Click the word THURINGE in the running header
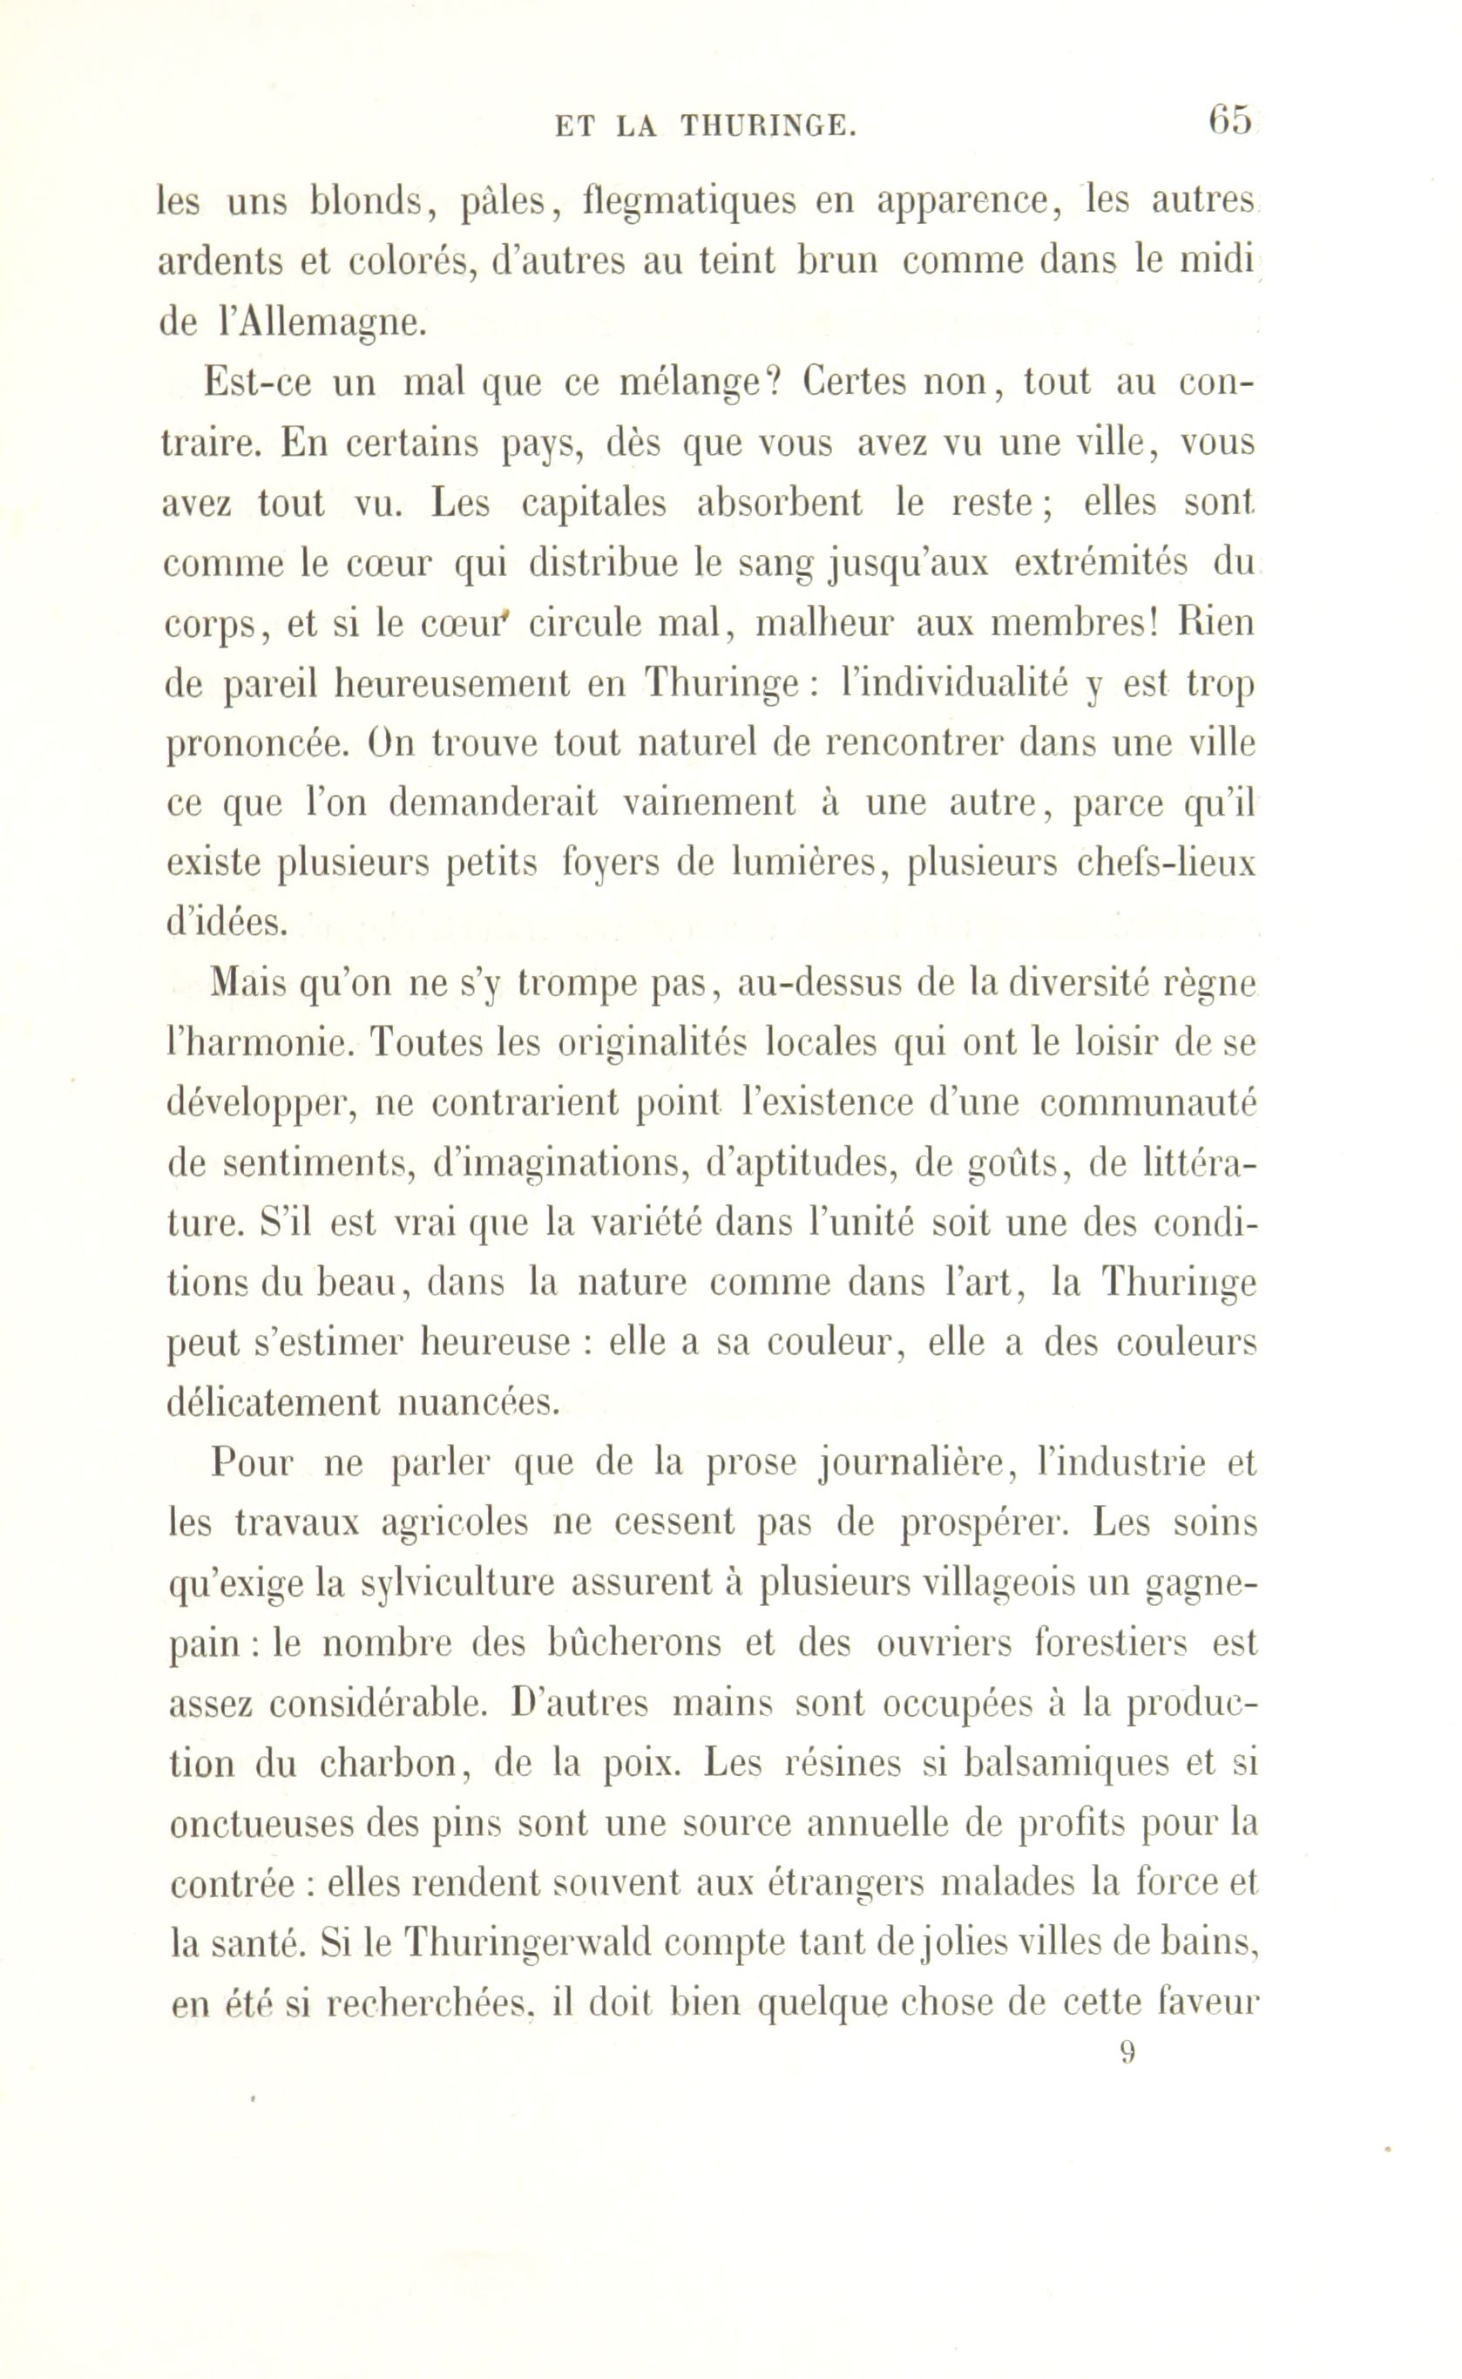point(768,125)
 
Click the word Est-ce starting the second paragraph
point(254,383)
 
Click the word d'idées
point(227,924)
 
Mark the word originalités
point(653,1043)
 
